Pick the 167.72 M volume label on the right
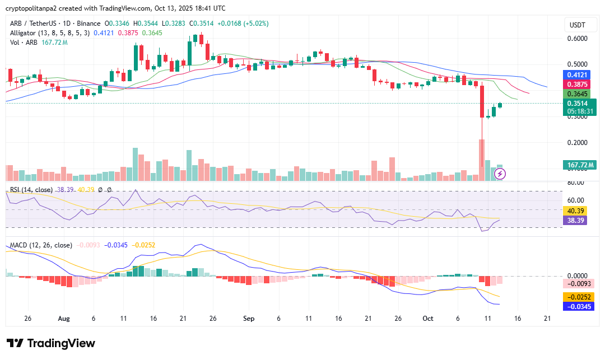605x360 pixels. click(x=579, y=165)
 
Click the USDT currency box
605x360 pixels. click(x=577, y=25)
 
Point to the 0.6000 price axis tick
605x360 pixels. click(x=577, y=39)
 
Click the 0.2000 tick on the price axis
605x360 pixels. click(x=577, y=143)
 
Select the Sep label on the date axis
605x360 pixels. click(x=249, y=319)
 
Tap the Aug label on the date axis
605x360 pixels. click(x=63, y=319)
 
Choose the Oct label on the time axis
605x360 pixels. click(x=428, y=319)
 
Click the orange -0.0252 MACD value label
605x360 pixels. click(x=578, y=297)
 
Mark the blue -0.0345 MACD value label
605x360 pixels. click(x=578, y=306)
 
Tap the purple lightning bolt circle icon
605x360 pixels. click(x=500, y=174)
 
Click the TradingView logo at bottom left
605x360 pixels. click(x=50, y=343)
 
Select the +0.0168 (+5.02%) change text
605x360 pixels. click(x=243, y=24)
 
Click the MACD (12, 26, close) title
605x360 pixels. click(x=41, y=245)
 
